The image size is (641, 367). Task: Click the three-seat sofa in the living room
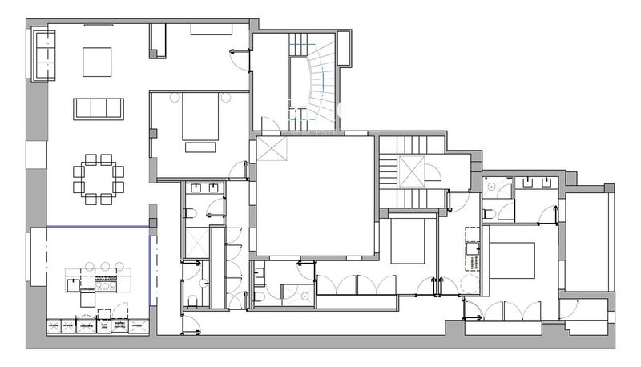[x=98, y=108]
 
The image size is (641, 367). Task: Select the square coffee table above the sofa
[x=97, y=61]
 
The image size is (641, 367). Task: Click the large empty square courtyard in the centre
[x=315, y=196]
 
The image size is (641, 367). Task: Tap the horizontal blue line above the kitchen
[x=99, y=228]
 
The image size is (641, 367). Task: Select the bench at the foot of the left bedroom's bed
[x=200, y=147]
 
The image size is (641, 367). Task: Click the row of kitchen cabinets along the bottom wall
[x=99, y=326]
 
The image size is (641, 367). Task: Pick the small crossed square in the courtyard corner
[x=271, y=150]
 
